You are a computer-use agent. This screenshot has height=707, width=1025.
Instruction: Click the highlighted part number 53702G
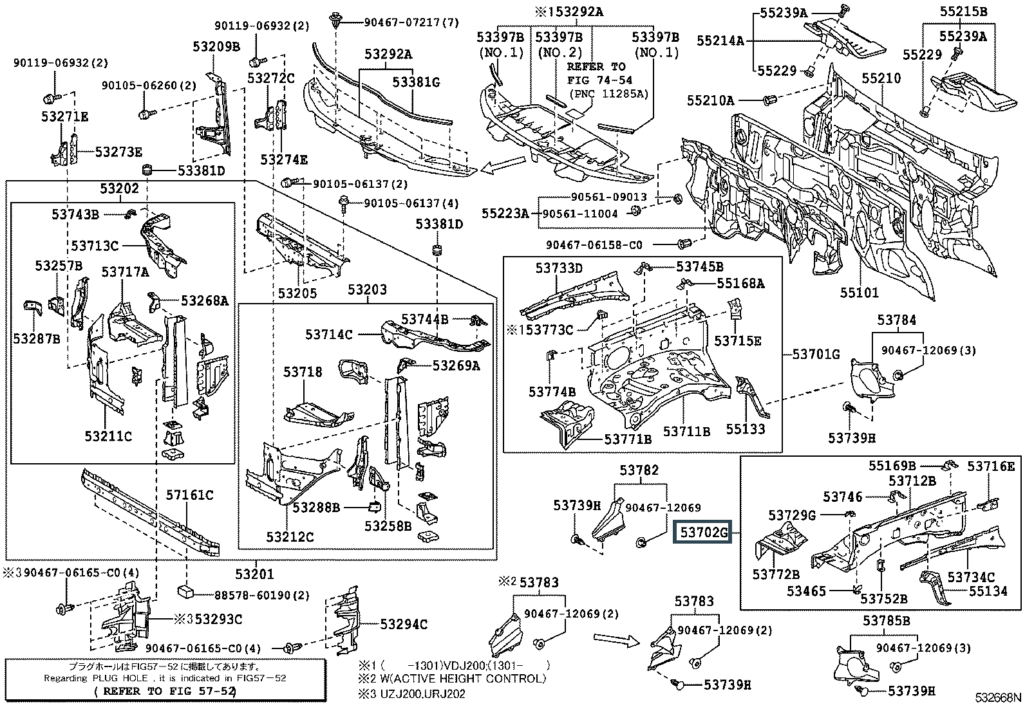(x=702, y=532)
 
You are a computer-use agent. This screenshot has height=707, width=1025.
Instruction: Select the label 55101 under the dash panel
(x=859, y=293)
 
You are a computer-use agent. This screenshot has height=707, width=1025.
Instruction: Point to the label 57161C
(x=190, y=495)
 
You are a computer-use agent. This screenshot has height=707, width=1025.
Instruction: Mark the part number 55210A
(x=710, y=100)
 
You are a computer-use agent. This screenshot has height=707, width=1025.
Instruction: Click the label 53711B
(x=686, y=432)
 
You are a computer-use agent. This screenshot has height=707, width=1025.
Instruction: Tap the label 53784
(x=896, y=320)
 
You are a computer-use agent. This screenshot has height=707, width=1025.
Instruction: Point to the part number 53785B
(x=887, y=620)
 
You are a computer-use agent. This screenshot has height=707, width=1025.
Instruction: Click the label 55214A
(x=720, y=41)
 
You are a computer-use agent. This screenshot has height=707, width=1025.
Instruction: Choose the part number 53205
(x=297, y=293)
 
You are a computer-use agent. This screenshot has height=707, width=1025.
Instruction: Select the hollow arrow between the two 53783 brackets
(x=616, y=639)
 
